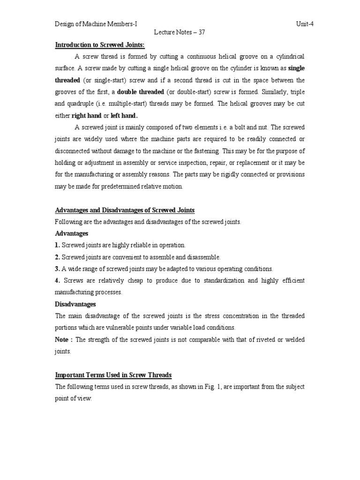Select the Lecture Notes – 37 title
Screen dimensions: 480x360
coord(180,33)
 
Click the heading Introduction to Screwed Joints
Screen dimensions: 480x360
coord(100,45)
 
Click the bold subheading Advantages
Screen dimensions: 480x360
coord(71,233)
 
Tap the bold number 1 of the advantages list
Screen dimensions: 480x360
coord(58,245)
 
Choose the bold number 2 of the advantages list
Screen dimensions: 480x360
coord(58,257)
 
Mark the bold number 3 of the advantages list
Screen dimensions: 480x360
coord(58,269)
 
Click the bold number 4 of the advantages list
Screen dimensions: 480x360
coord(58,281)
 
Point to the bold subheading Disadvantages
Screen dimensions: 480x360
coord(75,304)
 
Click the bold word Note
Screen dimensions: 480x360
coord(63,339)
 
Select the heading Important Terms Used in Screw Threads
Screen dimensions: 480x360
coord(113,375)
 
